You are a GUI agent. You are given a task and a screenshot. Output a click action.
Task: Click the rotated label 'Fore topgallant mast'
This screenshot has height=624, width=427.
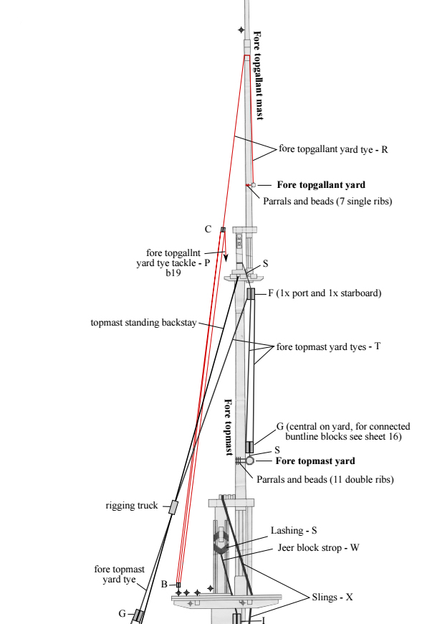[258, 75]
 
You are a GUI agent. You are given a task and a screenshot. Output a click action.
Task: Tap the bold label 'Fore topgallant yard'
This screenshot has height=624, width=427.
[321, 184]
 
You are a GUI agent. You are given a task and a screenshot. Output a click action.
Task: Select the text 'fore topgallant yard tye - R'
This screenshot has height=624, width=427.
[333, 149]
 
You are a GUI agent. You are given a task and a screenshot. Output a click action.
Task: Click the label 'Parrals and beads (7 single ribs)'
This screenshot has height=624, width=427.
[327, 201]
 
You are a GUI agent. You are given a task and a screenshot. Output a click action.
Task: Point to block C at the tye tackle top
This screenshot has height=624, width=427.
[223, 230]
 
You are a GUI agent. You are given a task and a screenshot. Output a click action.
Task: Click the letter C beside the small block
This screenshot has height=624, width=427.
[208, 230]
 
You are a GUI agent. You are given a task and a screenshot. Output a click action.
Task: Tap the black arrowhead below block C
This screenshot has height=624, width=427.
[226, 258]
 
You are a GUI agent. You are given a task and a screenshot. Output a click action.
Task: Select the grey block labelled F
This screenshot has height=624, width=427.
[251, 293]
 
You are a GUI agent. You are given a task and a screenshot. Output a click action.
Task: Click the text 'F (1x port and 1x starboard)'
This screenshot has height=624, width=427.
[325, 293]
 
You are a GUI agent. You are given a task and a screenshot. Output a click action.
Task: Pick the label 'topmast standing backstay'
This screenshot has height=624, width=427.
[143, 322]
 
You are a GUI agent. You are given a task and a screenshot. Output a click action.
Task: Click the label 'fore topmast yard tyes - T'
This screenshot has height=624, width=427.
[328, 346]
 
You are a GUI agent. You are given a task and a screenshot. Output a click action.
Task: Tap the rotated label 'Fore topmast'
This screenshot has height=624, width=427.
[229, 427]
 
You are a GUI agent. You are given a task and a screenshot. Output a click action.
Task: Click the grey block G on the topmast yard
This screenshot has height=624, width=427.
[249, 447]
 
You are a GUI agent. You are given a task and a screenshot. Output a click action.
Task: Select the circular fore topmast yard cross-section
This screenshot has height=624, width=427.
[249, 460]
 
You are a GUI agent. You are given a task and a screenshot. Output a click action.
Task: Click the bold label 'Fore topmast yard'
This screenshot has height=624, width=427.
[315, 461]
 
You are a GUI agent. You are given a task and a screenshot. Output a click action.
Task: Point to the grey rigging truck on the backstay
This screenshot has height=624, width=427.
[173, 507]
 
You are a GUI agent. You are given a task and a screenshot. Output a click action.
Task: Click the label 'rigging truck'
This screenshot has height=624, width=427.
[132, 506]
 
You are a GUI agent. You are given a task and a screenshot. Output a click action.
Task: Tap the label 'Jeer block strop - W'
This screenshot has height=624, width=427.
[318, 547]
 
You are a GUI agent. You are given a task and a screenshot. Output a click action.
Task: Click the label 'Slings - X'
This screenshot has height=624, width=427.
[332, 597]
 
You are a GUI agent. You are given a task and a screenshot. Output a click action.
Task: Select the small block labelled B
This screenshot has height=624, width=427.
[178, 585]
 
